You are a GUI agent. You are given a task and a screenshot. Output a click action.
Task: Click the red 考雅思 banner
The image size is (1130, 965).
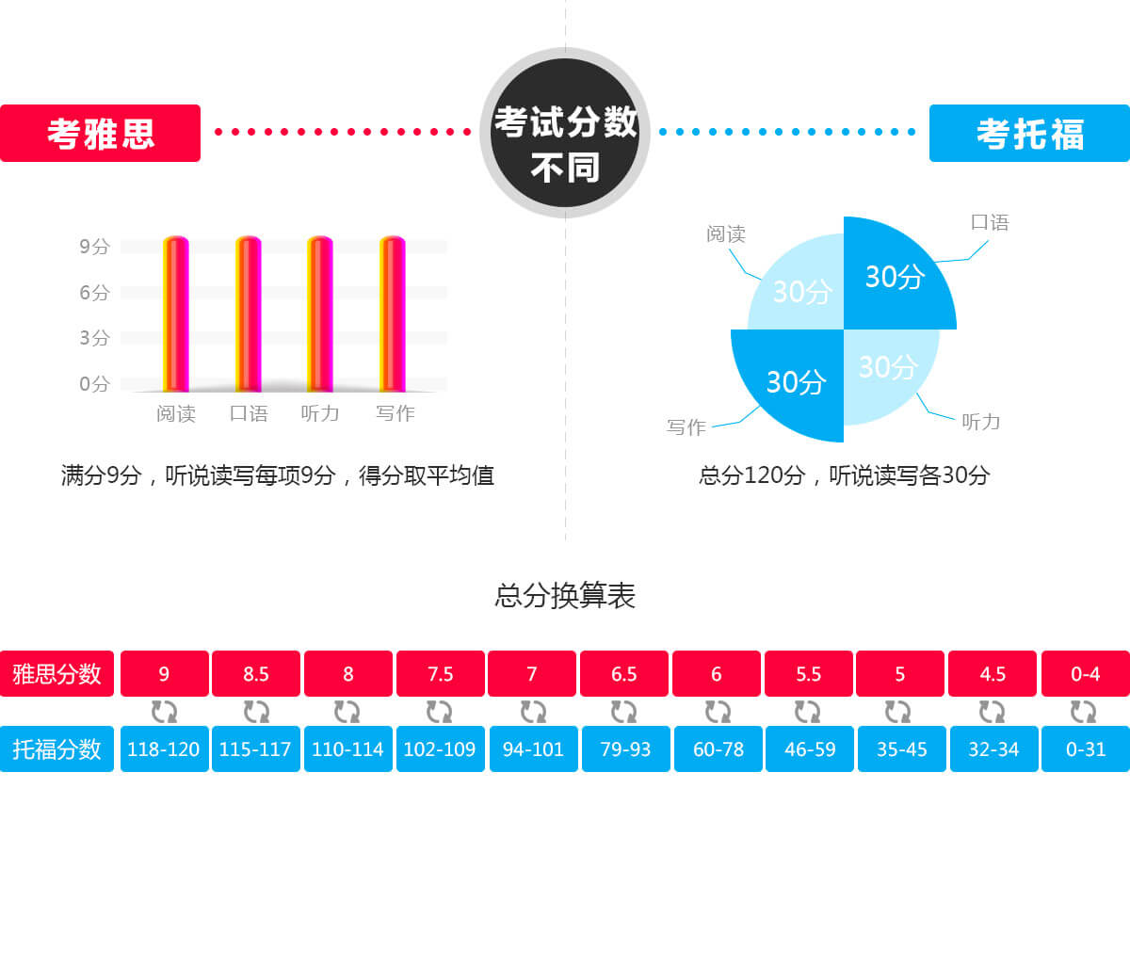click(100, 134)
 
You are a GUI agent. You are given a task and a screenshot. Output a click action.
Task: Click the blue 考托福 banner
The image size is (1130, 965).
click(1029, 134)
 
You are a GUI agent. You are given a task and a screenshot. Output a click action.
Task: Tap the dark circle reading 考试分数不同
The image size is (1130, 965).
click(565, 133)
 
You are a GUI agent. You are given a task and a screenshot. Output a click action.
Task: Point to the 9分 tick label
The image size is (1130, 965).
click(94, 247)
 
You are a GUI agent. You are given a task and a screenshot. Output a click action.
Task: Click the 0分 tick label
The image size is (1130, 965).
click(94, 384)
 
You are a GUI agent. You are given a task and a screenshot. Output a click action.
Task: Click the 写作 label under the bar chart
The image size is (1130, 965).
click(395, 413)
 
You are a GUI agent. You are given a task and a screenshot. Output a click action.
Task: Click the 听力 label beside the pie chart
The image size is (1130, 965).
click(980, 422)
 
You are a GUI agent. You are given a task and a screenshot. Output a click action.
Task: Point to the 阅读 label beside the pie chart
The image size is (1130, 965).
click(726, 233)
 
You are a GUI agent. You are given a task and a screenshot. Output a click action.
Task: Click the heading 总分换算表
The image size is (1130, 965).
click(565, 596)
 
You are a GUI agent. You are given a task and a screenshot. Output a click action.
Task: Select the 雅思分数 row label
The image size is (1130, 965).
click(56, 674)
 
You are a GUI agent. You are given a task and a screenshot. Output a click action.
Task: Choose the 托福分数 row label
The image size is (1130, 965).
click(56, 749)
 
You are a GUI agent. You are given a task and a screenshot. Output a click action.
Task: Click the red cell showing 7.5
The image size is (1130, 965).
click(441, 674)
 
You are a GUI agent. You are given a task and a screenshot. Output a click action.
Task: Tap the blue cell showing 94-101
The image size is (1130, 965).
click(533, 749)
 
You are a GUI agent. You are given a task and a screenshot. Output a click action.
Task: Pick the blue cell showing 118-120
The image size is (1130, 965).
click(164, 749)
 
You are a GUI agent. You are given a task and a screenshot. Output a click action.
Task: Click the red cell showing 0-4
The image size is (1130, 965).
click(1085, 674)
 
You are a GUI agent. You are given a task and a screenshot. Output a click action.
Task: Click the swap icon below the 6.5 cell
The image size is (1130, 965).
click(623, 712)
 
